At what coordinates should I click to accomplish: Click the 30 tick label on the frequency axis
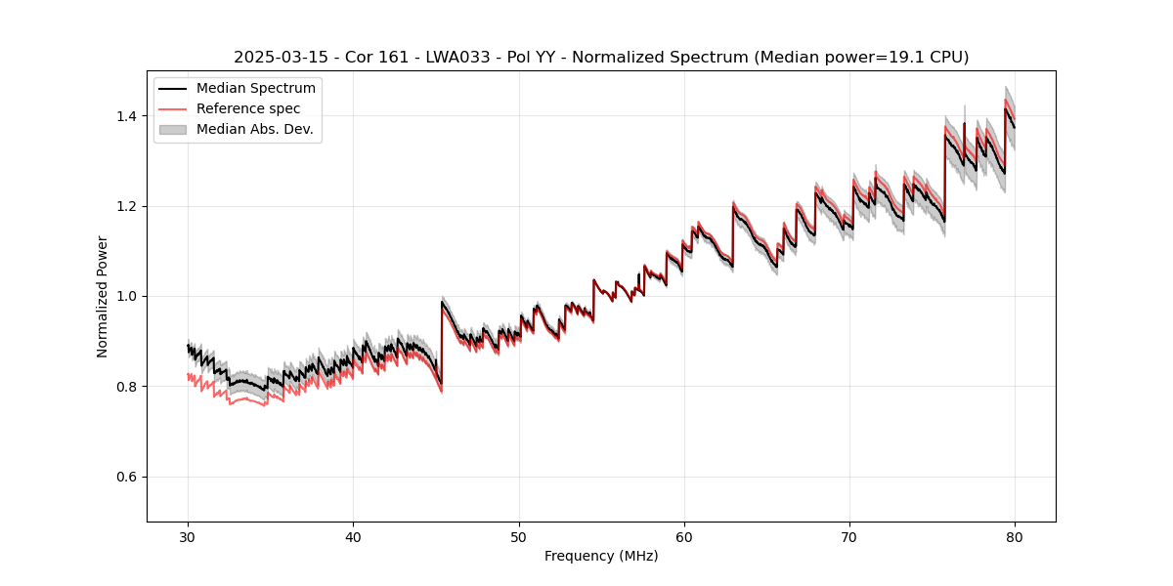[x=188, y=536]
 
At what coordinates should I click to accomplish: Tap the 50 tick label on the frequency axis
[x=518, y=536]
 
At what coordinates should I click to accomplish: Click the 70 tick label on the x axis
[x=849, y=536]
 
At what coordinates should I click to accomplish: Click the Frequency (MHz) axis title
[x=601, y=556]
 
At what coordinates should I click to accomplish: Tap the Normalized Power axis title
[x=103, y=296]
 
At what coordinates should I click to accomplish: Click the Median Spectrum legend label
[x=255, y=89]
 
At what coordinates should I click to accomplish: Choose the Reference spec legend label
[x=248, y=108]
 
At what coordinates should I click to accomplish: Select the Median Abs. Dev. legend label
[x=254, y=129]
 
